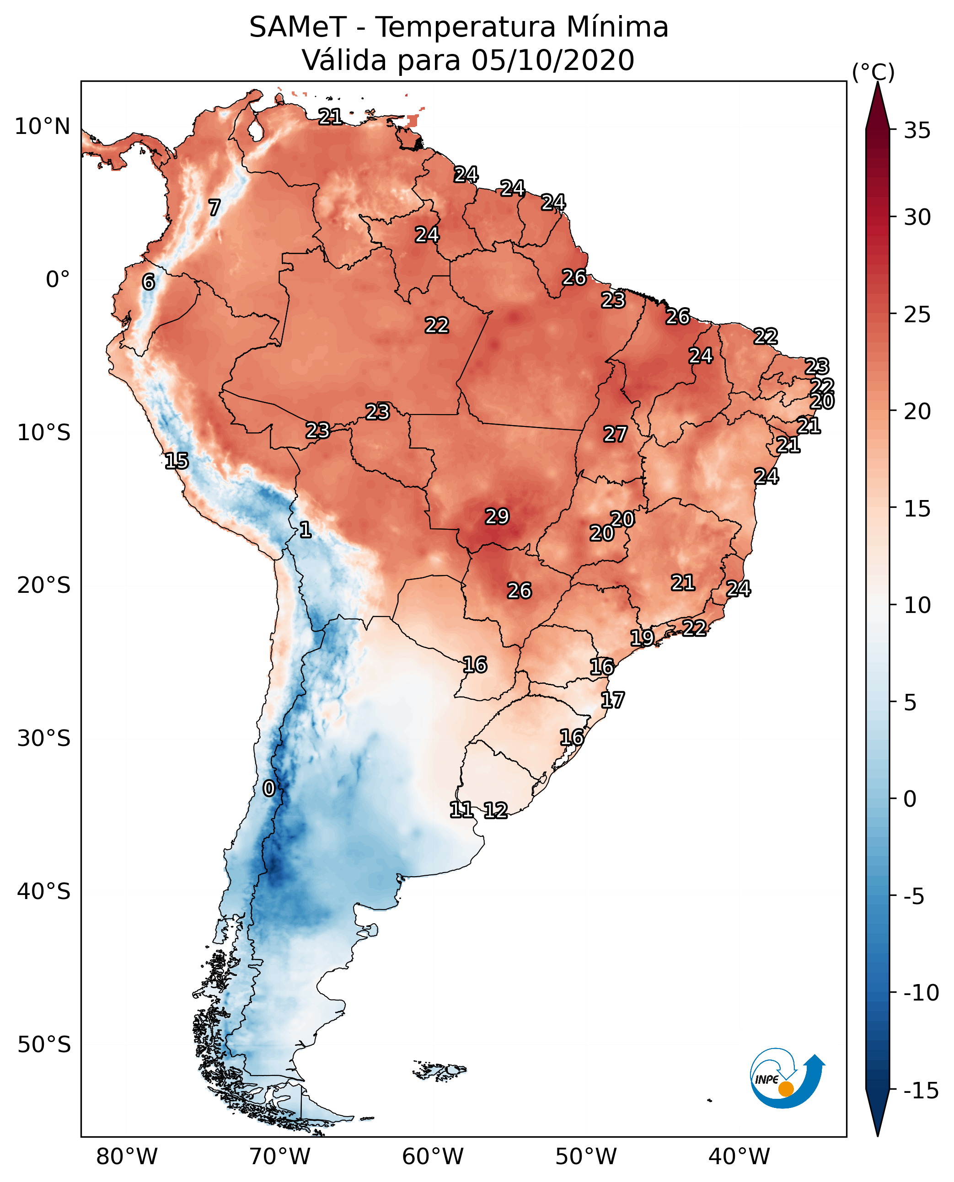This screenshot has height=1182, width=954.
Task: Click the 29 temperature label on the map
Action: pyautogui.click(x=497, y=516)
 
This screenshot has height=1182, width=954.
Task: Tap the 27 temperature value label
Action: pyautogui.click(x=615, y=435)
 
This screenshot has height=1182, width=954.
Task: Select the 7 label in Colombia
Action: pyautogui.click(x=214, y=208)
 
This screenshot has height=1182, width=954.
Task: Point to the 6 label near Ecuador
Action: pyautogui.click(x=148, y=282)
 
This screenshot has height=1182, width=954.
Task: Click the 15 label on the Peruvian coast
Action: pyautogui.click(x=177, y=461)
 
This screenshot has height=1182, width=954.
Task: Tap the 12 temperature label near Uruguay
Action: pyautogui.click(x=495, y=810)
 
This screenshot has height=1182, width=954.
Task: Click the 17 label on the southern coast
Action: pyautogui.click(x=612, y=700)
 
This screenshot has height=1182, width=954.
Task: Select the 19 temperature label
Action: pyautogui.click(x=642, y=638)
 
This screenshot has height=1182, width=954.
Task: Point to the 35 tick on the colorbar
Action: pyautogui.click(x=917, y=131)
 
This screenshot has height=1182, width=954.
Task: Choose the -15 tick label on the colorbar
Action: pyautogui.click(x=921, y=1090)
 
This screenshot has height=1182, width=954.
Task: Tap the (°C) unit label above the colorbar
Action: pyautogui.click(x=873, y=72)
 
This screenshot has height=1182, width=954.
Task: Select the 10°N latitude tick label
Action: pyautogui.click(x=43, y=127)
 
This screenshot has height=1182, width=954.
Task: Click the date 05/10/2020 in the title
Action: pyautogui.click(x=552, y=60)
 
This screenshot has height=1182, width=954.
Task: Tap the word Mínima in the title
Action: pyautogui.click(x=617, y=27)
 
